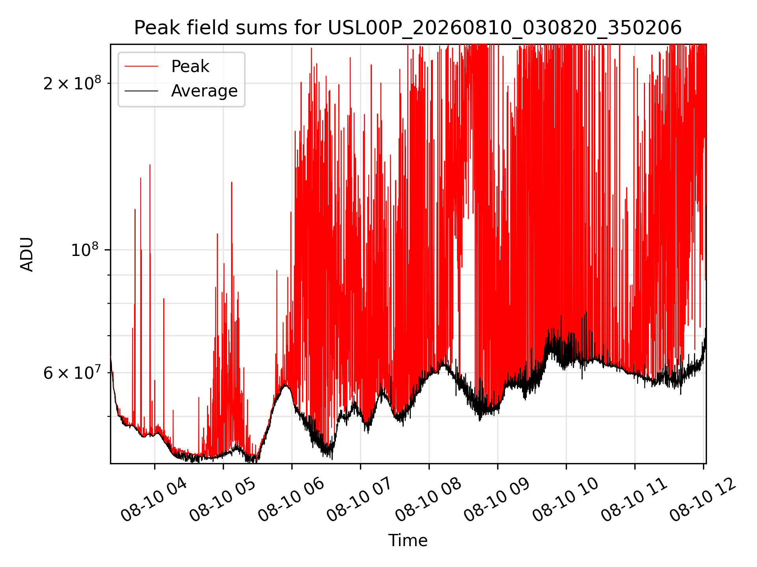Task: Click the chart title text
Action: pos(408,28)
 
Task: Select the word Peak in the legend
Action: pos(190,67)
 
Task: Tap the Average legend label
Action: pos(204,91)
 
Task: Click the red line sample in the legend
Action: pos(142,67)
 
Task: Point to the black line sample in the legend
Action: pos(142,91)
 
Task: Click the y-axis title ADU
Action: pos(27,254)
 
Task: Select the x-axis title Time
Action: pos(408,541)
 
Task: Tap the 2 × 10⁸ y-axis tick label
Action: pos(72,83)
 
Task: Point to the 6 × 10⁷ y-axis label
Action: pos(72,372)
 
